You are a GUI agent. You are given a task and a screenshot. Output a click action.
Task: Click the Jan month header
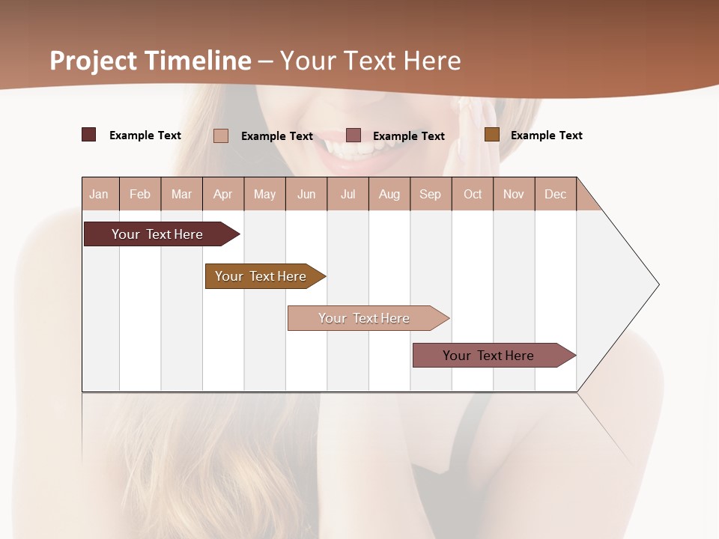[99, 194]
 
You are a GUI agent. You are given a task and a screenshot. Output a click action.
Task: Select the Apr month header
[222, 194]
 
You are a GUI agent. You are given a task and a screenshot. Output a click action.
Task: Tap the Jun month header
[306, 194]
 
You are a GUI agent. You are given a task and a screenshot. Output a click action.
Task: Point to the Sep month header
[430, 194]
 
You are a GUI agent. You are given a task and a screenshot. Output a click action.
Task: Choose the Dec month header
[555, 194]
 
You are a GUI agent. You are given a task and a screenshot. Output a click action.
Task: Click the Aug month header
[389, 194]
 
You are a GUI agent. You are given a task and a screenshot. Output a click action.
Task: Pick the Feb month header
[140, 194]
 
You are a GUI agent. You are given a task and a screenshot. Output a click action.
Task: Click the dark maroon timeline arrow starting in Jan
[157, 234]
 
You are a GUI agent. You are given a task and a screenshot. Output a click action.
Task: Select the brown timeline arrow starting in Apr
[261, 276]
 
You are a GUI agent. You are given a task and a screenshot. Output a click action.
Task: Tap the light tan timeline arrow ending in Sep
[364, 318]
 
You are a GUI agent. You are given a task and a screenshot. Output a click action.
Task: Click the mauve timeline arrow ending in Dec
[488, 356]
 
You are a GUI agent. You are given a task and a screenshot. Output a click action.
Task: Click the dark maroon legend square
[88, 135]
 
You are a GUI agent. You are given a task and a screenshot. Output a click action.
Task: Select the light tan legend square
[221, 135]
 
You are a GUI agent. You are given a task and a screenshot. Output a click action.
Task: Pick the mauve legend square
[354, 135]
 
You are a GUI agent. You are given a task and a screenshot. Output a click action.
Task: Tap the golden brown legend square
[492, 135]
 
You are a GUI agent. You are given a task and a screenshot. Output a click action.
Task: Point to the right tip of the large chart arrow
[658, 284]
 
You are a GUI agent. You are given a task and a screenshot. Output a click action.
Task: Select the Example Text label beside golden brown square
[546, 135]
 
